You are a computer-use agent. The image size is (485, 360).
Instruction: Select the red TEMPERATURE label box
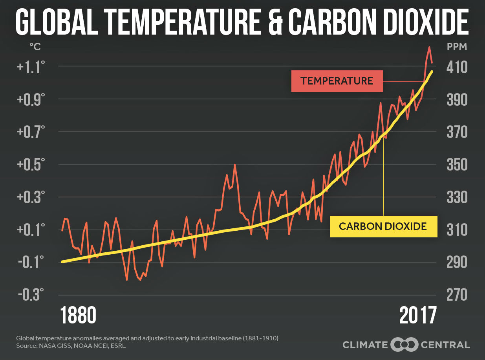pos(337,81)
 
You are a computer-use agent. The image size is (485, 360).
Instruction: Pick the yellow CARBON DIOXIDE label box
pos(383,226)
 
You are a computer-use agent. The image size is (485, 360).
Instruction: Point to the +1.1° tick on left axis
pos(28,67)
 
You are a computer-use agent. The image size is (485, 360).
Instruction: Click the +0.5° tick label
pos(28,164)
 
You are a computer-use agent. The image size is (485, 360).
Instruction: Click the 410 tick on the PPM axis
pos(457,67)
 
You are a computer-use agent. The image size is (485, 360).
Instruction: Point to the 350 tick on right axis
pos(457,164)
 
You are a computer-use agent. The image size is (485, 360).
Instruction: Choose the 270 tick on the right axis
pos(457,295)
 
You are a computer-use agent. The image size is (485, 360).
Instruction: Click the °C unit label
pos(35,47)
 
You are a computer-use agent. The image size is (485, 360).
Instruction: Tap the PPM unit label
pos(457,47)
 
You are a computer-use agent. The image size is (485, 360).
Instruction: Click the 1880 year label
pos(78,315)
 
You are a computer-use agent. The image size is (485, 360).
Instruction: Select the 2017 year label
pos(418,315)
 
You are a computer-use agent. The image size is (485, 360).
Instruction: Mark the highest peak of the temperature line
pos(429,47)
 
